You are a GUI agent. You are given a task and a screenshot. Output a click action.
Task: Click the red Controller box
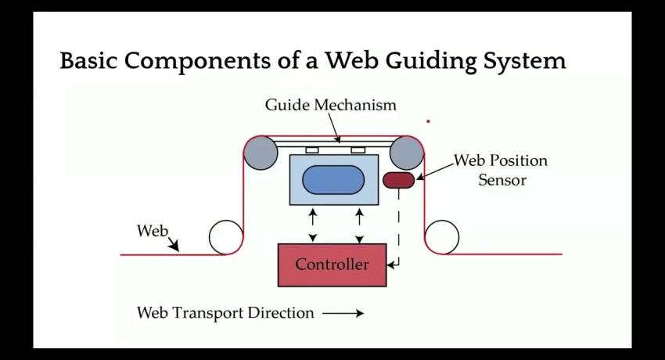pos(332,265)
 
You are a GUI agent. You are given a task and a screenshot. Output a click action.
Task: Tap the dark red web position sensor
pos(398,181)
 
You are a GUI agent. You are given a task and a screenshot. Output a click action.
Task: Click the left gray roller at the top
pos(260,153)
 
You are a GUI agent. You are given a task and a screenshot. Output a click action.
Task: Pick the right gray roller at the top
pos(407,153)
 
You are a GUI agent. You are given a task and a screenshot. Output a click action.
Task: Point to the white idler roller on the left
pos(225,236)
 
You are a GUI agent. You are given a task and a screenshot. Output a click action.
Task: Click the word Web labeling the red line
pos(152,231)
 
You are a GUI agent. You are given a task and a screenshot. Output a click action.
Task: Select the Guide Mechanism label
pos(330,105)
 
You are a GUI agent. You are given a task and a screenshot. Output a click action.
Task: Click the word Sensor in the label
pos(502,180)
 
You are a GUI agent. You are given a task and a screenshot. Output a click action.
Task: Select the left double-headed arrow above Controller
pos(313,225)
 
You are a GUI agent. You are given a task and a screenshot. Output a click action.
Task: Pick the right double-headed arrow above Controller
pos(359,225)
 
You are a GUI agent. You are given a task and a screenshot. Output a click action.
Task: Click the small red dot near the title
pos(428,121)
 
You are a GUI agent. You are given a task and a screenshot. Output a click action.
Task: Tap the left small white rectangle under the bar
pos(311,149)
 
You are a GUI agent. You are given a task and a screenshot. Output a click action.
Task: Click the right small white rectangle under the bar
pos(358,149)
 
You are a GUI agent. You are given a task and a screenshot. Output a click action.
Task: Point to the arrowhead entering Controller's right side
pos(391,265)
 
